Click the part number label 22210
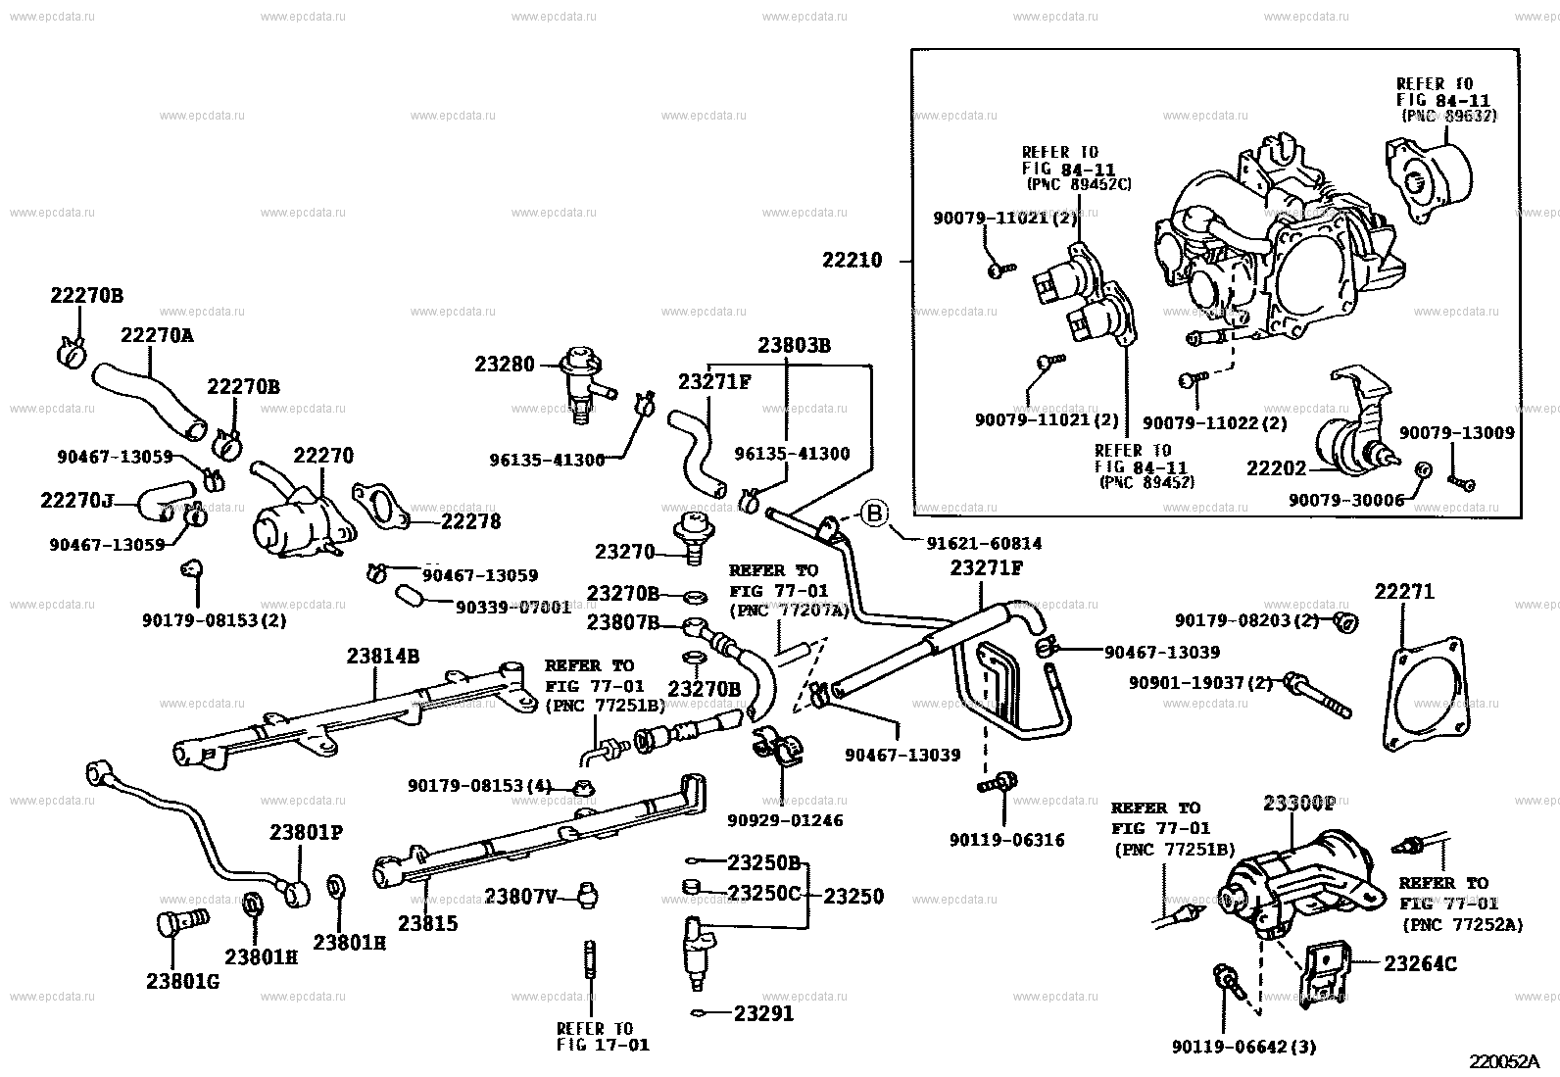852,261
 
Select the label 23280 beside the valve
505,365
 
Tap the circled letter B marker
874,512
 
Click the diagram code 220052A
1504,1061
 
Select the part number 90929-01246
785,819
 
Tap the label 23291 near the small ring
763,1014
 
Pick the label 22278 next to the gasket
470,522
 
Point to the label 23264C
1420,964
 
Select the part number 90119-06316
1006,840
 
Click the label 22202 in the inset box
1276,468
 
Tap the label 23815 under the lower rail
428,923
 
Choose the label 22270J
77,501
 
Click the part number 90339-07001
512,607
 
